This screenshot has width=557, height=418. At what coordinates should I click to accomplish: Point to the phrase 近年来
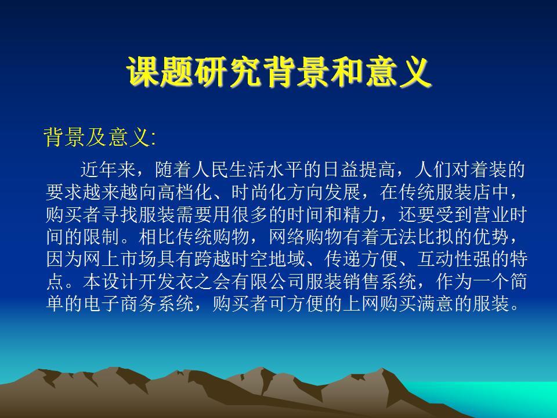pos(108,170)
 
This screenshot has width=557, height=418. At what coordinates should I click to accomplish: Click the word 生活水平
pos(266,170)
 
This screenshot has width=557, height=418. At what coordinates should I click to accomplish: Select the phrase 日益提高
pos(359,170)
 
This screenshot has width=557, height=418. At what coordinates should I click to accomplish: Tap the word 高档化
pos(185,192)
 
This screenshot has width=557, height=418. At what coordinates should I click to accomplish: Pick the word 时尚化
pos(259,192)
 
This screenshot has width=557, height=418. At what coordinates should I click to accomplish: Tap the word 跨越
pos(213,259)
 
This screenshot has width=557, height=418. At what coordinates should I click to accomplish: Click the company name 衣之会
pos(204,282)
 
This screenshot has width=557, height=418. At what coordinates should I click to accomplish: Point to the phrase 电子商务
pos(121,304)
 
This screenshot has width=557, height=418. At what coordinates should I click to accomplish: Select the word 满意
pos(435,304)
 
